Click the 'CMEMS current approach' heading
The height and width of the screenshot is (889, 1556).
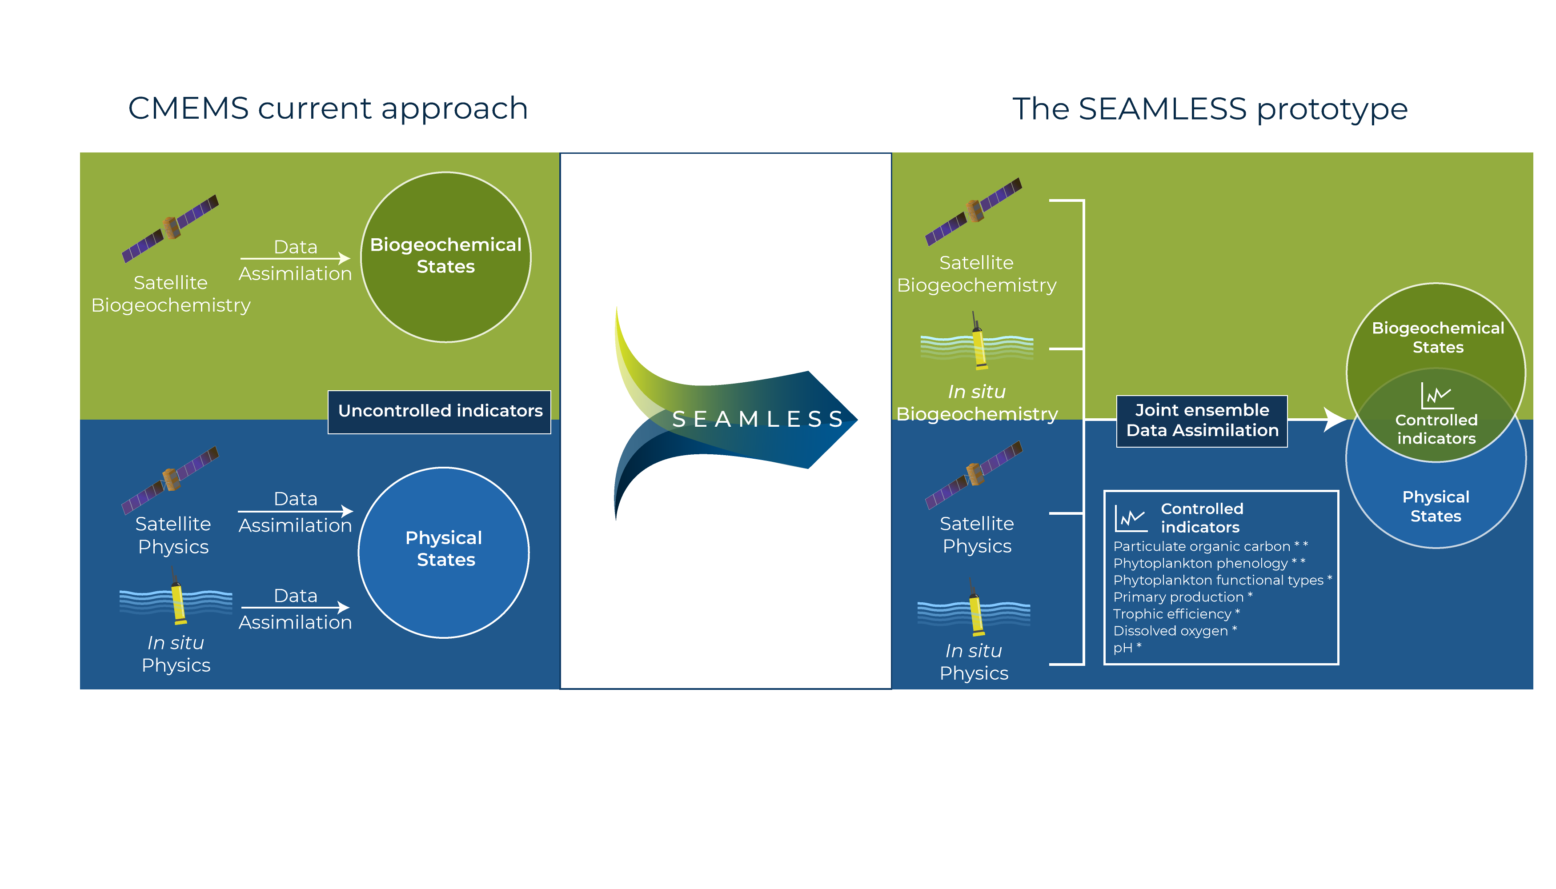[328, 109]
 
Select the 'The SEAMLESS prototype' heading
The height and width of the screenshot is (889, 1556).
[1210, 109]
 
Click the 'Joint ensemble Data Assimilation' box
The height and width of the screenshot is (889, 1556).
[1202, 420]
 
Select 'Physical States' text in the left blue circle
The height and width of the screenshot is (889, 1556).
[445, 549]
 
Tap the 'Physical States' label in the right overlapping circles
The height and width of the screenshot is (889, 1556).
[1436, 506]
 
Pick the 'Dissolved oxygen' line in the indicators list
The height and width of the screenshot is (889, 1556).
[1171, 631]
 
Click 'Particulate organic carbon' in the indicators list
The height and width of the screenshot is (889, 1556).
[1202, 546]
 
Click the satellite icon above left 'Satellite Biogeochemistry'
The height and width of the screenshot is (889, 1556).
[170, 228]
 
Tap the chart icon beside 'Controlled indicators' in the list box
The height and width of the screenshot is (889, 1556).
[1131, 518]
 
